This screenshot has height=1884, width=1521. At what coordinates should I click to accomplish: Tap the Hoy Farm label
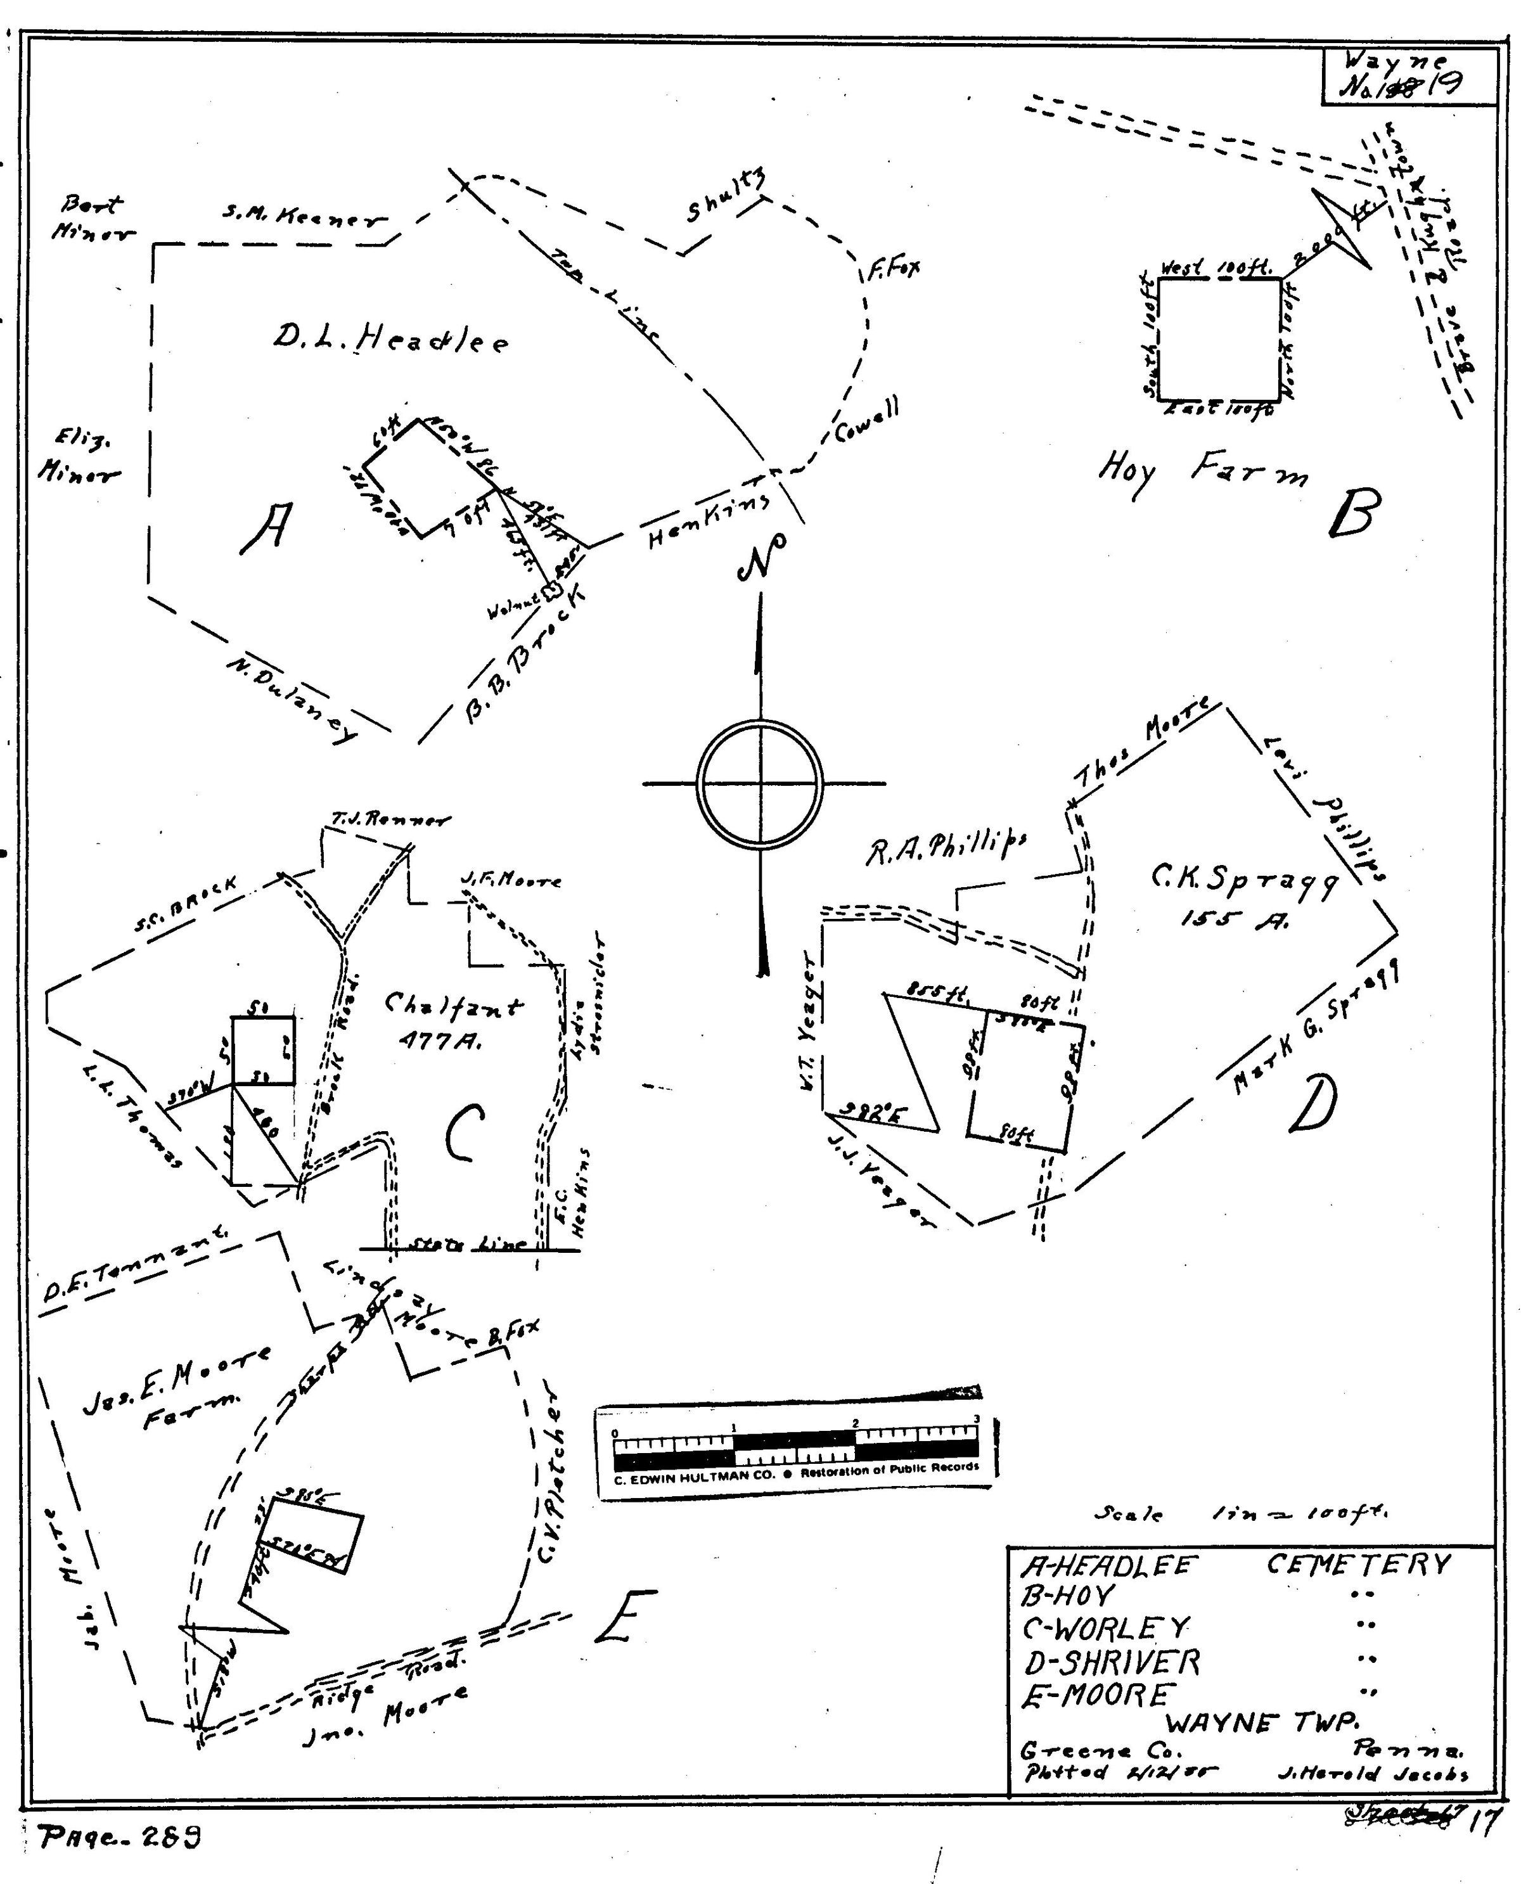pyautogui.click(x=1202, y=474)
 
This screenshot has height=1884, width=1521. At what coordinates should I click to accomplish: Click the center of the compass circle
pyautogui.click(x=760, y=783)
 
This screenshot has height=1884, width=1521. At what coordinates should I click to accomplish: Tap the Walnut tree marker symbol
pyautogui.click(x=552, y=592)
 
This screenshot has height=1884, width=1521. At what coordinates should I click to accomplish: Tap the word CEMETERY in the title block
pyautogui.click(x=1357, y=1563)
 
